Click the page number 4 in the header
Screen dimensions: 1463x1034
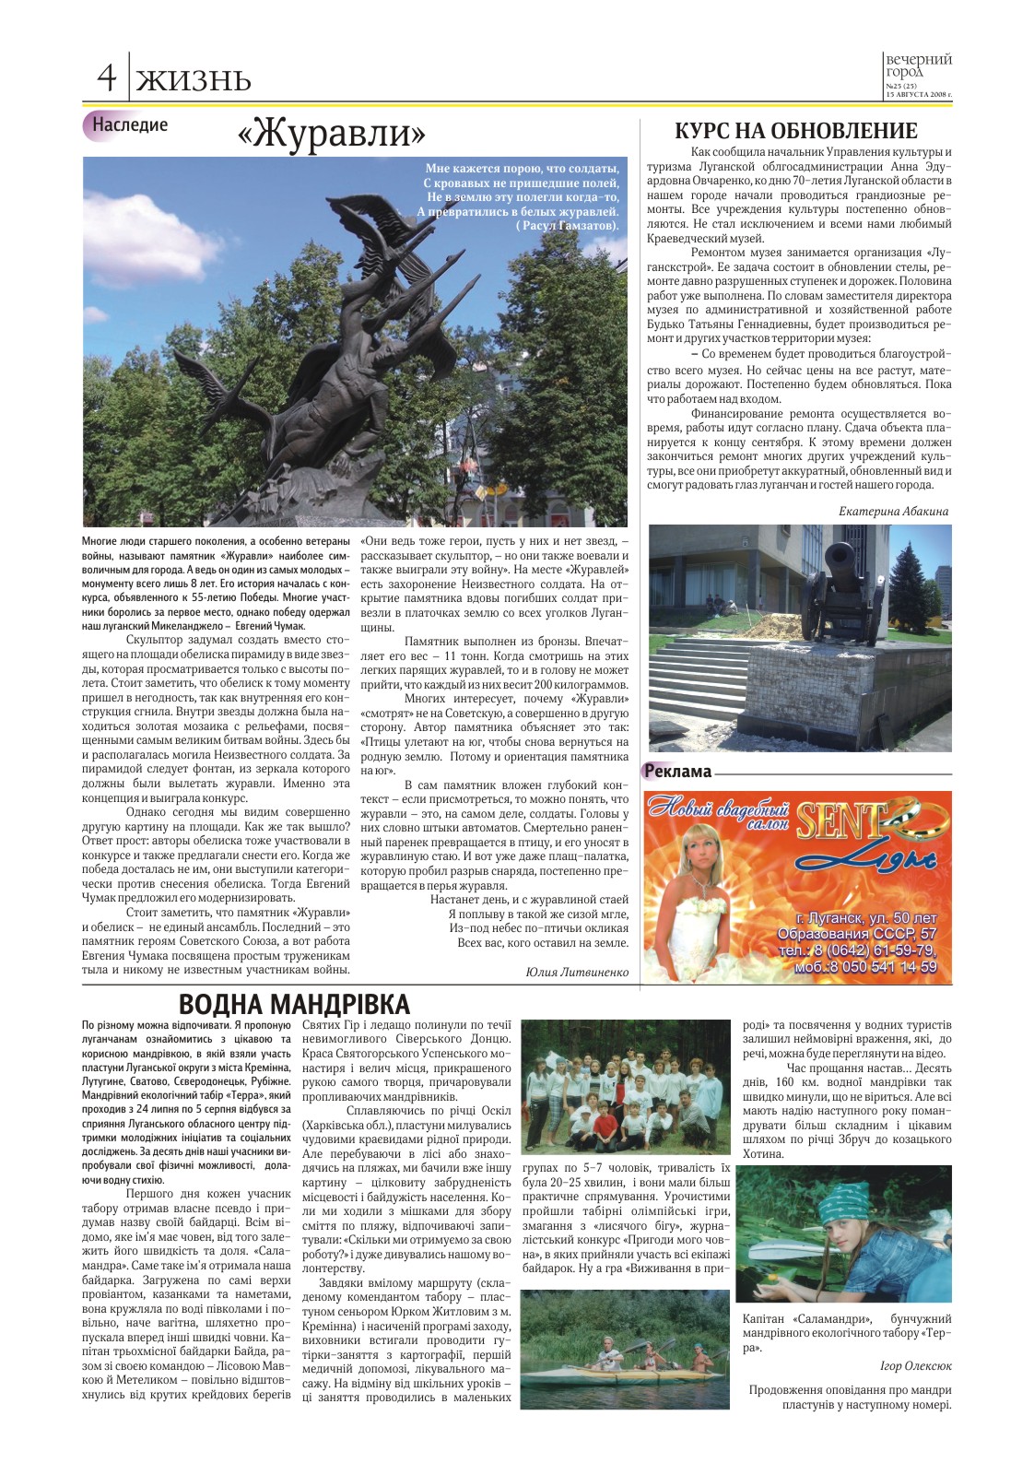click(x=107, y=77)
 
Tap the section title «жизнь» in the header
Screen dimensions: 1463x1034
click(x=194, y=80)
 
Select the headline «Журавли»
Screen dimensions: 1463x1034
click(x=332, y=135)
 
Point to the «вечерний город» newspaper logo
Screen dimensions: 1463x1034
click(x=918, y=66)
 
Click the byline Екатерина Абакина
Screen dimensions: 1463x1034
click(x=893, y=511)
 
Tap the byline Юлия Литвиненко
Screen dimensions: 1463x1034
click(x=577, y=972)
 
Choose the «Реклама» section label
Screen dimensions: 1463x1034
click(x=677, y=772)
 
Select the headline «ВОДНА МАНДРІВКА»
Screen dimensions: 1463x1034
click(x=294, y=1004)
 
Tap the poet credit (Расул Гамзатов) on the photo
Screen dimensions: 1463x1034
click(x=568, y=225)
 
